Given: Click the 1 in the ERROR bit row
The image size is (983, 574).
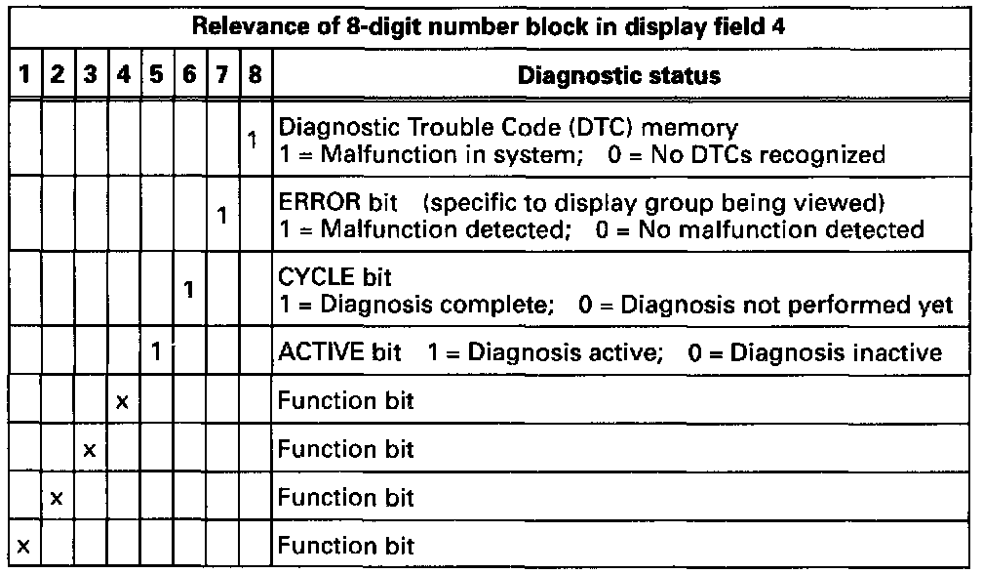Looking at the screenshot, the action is pyautogui.click(x=222, y=216).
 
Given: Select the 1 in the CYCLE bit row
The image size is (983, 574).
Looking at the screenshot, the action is pyautogui.click(x=189, y=290).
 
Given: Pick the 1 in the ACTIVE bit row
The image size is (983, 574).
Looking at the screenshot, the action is pyautogui.click(x=156, y=351).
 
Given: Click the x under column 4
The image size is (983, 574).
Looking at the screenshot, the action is pyautogui.click(x=122, y=401).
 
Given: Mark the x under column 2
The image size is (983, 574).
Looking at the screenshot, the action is pyautogui.click(x=56, y=497).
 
